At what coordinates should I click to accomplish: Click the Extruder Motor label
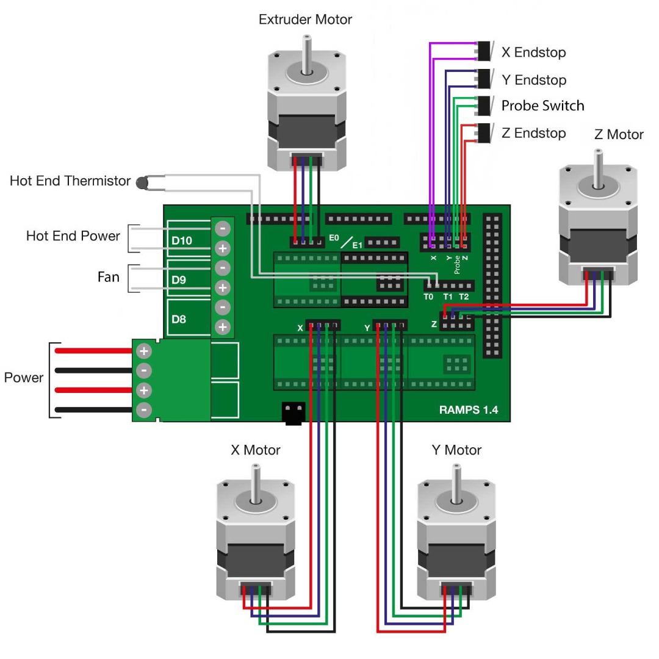pos(305,20)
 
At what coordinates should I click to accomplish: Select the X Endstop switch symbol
pos(486,51)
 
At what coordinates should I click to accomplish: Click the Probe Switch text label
pos(542,106)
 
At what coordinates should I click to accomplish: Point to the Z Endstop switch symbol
pos(486,132)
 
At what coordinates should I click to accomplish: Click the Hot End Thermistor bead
pos(142,181)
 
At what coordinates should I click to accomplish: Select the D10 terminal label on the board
pos(182,240)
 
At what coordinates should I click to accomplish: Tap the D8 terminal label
pos(179,319)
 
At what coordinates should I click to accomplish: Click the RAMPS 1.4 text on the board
pos(468,409)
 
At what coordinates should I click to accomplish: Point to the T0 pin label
pos(428,297)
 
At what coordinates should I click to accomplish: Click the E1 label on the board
pos(358,245)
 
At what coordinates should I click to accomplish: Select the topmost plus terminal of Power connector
pos(144,351)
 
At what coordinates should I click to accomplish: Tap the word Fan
pos(109,277)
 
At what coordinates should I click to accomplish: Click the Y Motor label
pos(456,450)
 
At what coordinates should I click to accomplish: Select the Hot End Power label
pos(73,236)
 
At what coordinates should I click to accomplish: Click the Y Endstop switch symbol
pos(486,79)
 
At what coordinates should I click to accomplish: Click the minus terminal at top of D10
pos(223,229)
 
